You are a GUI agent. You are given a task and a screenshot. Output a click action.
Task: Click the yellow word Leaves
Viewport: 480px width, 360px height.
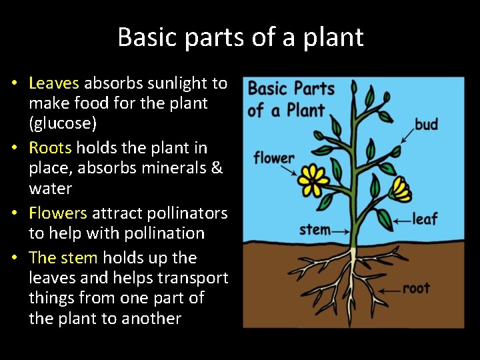tap(54, 83)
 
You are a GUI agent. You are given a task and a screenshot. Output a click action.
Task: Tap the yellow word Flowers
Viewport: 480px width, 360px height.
tap(58, 213)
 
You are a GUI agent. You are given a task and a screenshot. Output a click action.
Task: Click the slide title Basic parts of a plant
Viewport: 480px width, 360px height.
tap(240, 37)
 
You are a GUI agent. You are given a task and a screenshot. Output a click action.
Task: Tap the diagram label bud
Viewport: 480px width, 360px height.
tap(426, 124)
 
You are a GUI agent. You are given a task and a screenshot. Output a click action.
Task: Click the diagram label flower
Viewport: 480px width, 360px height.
tap(273, 158)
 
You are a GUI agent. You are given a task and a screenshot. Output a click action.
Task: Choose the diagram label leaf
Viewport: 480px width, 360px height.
tap(425, 219)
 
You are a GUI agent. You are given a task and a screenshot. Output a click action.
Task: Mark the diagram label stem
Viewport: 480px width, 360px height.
tap(315, 230)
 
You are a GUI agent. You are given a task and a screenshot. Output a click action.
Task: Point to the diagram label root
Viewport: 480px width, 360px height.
tap(416, 288)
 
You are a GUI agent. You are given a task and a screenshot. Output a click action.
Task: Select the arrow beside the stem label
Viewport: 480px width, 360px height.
tap(341, 231)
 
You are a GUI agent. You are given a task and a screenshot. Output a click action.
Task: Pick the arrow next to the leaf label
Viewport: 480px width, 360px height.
tap(402, 219)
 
